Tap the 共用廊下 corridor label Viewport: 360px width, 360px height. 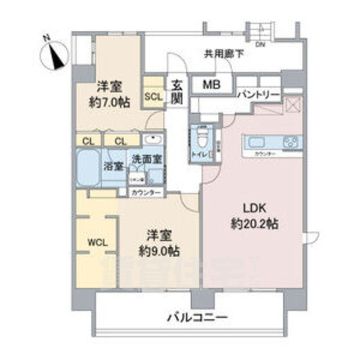(x=223, y=54)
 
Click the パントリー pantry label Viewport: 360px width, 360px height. (x=259, y=95)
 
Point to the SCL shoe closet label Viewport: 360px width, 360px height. (x=153, y=96)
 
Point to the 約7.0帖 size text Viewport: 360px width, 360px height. (x=108, y=104)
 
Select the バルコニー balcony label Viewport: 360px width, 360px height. (x=196, y=319)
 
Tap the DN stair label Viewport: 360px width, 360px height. (x=260, y=44)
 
